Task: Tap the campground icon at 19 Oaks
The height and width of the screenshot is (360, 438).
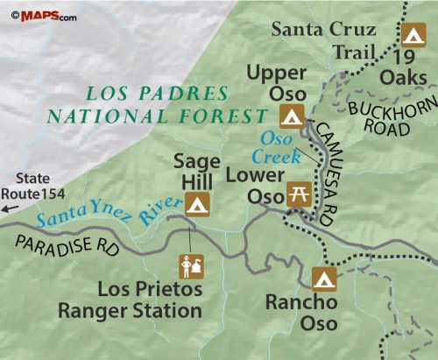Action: click(x=413, y=37)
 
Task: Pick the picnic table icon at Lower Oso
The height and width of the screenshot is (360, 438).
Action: click(x=299, y=194)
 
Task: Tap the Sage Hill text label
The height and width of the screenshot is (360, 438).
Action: click(x=196, y=171)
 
